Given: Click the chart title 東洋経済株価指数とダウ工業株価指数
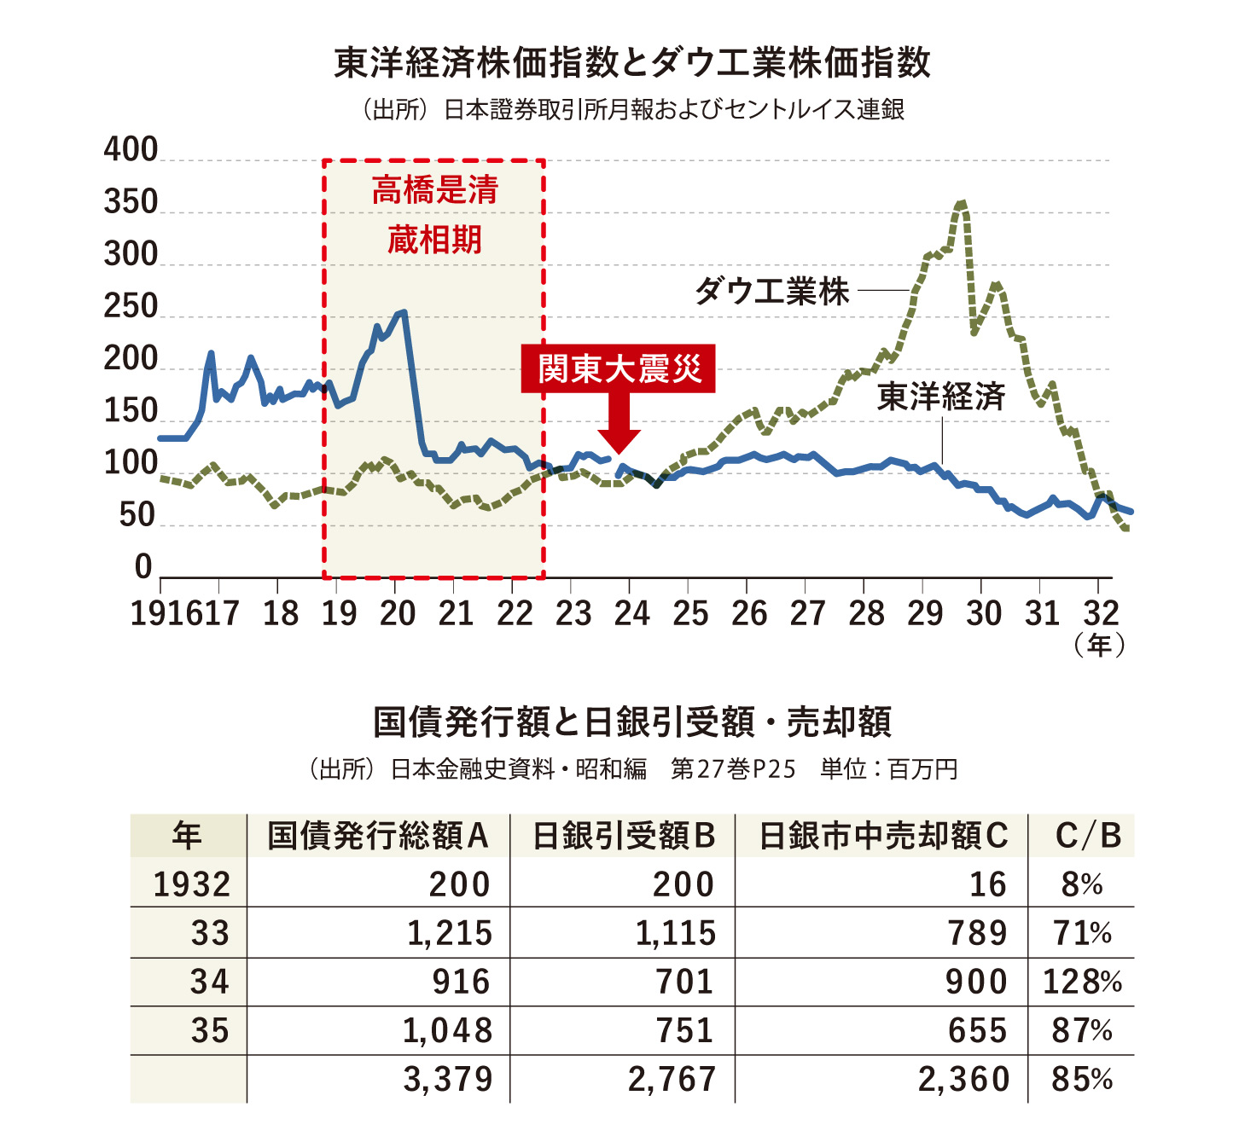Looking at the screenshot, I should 631,64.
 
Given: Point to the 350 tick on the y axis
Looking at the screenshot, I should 131,203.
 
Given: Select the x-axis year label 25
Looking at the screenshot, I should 689,613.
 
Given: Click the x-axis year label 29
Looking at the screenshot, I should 924,613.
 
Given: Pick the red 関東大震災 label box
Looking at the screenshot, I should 619,368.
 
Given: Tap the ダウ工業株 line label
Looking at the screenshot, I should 771,292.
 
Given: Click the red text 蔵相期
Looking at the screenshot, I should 434,240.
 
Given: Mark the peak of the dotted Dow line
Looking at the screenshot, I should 962,203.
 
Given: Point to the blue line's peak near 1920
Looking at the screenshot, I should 403,312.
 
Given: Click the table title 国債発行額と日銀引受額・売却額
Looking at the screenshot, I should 632,722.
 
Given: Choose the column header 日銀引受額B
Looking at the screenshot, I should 623,836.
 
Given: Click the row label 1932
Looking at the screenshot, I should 192,884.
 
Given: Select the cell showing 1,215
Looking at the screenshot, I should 450,933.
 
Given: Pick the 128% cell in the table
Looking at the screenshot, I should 1082,982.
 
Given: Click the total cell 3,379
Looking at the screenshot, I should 448,1080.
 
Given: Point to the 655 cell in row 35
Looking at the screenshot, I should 977,1031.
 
